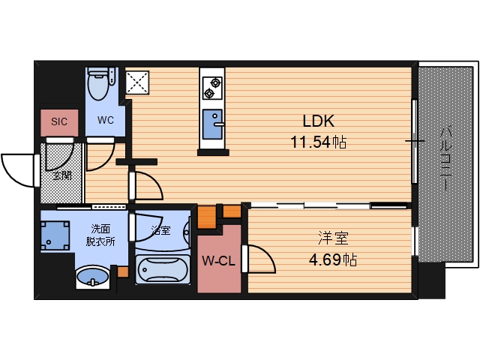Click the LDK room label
tap(318, 121)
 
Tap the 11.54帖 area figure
tap(318, 142)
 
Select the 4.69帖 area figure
tap(333, 260)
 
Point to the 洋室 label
tap(333, 238)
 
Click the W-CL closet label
tap(218, 261)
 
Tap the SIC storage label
tap(59, 121)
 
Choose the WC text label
tap(106, 120)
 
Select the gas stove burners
tap(212, 88)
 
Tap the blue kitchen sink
tap(212, 124)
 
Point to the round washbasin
tap(92, 277)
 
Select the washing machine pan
tap(55, 235)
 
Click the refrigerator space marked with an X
tap(137, 82)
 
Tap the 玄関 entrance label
tap(62, 175)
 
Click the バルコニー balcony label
tap(446, 159)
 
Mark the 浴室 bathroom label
tap(161, 230)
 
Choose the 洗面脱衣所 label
tap(100, 235)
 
